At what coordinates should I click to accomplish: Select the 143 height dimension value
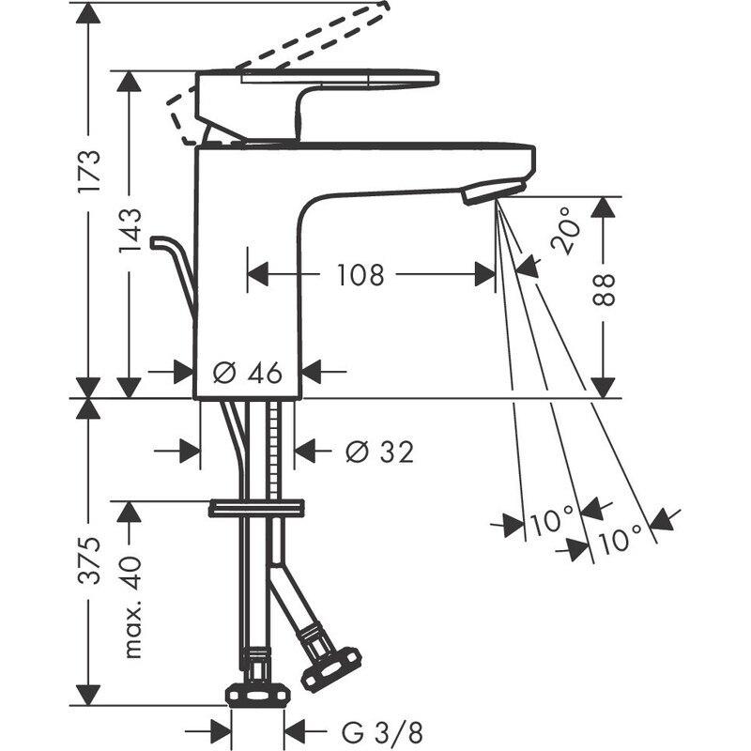(x=130, y=229)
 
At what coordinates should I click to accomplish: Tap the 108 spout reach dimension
(x=360, y=275)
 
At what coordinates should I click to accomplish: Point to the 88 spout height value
(x=605, y=290)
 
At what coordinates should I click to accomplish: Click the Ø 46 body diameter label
(x=248, y=373)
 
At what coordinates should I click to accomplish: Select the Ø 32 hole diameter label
(x=378, y=452)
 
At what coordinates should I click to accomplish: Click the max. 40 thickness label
(x=130, y=605)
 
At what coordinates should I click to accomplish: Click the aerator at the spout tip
(x=489, y=191)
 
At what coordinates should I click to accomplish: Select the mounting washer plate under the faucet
(x=257, y=508)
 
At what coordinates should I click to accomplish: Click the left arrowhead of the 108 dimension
(x=257, y=275)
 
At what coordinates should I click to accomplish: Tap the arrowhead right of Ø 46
(x=311, y=372)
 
